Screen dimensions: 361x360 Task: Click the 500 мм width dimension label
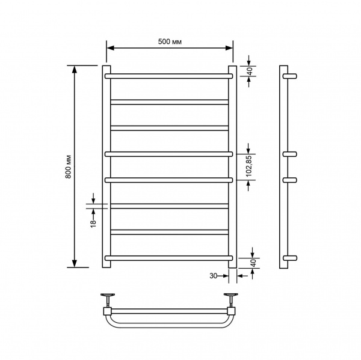point(170,41)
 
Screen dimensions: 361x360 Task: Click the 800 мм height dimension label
point(69,167)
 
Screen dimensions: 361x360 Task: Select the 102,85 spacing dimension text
point(250,166)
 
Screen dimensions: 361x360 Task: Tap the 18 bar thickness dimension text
point(93,224)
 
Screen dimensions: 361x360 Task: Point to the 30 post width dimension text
point(213,276)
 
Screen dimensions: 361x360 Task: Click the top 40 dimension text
point(250,71)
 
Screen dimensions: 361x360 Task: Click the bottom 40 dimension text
point(253,263)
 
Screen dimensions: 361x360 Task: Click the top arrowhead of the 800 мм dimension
point(74,70)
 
